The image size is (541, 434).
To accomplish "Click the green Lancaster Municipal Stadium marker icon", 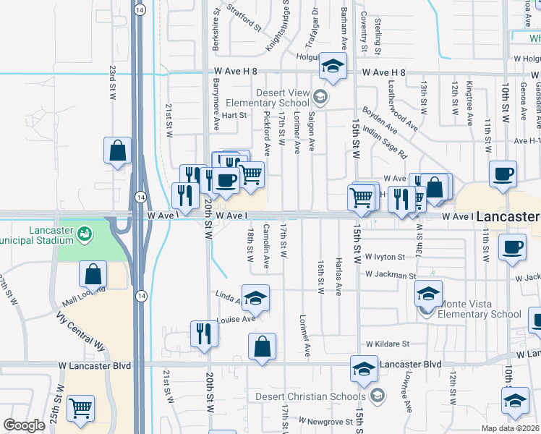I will coord(85,234).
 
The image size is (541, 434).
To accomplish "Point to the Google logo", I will coord(24,425).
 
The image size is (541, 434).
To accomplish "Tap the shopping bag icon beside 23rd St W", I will coord(117,150).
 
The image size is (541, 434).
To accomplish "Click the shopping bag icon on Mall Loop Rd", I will coord(93,274).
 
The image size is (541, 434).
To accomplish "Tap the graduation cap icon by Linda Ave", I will coord(255,297).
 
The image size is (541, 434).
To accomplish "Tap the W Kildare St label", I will coord(387,344).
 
